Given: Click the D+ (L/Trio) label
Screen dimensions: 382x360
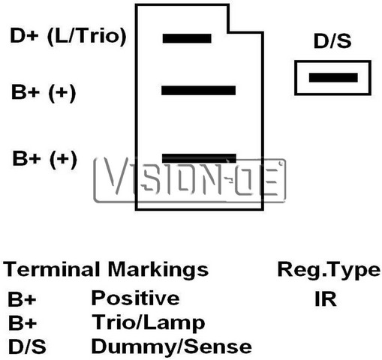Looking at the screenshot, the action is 68,36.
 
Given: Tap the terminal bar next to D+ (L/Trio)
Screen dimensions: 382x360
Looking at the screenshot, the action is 187,38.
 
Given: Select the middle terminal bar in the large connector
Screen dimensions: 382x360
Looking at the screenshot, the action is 198,91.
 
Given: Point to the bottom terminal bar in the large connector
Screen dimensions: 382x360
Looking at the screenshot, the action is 199,158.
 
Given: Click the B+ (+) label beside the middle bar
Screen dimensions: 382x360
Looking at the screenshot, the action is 44,92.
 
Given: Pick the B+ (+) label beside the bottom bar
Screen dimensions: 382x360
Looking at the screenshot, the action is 44,159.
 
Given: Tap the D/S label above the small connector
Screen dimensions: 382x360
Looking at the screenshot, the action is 332,41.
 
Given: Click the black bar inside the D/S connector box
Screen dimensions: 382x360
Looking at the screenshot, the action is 333,77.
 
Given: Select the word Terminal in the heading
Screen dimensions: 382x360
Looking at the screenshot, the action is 51,269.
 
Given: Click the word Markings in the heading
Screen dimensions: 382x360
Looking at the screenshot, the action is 158,270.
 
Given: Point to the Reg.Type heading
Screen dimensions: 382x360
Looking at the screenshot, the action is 329,271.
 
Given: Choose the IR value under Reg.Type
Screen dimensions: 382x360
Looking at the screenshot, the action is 326,299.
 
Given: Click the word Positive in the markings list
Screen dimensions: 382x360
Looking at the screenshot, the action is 135,298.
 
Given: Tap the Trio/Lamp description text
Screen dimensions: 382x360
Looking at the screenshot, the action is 149,322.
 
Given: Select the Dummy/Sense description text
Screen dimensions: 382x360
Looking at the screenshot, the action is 172,346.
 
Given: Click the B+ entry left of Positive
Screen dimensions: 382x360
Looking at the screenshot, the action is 22,299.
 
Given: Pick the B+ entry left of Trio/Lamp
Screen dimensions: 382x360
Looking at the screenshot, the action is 23,322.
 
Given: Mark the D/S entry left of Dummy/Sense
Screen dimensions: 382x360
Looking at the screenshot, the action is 27,346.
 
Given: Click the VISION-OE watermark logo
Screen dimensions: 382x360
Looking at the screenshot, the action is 190,180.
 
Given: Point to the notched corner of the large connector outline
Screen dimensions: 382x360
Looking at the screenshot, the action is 228,32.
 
